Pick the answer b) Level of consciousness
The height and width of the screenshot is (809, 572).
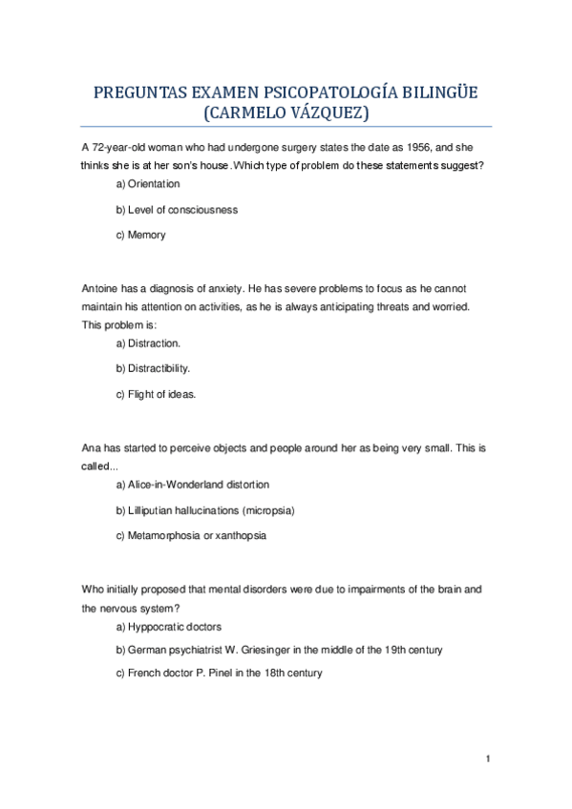click(x=177, y=209)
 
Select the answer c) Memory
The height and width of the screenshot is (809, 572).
click(x=140, y=235)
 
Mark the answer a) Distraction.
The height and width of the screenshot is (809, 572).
click(x=148, y=342)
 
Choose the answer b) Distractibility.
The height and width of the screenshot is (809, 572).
click(x=153, y=367)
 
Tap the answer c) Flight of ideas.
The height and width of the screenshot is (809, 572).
click(x=156, y=393)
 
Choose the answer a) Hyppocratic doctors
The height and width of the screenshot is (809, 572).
click(x=168, y=627)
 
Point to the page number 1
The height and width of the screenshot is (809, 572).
click(x=487, y=759)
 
